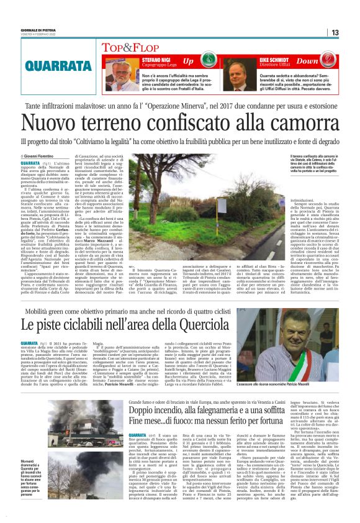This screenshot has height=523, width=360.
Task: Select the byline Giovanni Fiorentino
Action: point(41,155)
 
